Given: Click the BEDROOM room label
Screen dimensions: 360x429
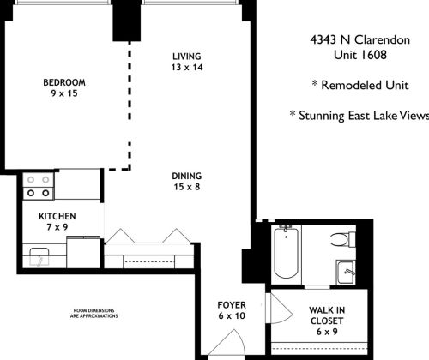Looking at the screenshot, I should [64, 82].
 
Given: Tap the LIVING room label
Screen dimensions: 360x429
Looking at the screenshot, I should [185, 54].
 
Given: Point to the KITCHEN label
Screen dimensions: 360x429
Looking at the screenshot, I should [57, 216].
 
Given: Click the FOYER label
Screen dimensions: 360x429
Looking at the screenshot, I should [232, 304].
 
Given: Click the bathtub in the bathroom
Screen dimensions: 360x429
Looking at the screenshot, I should [286, 253].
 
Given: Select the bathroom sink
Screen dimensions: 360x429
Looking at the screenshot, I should [346, 270].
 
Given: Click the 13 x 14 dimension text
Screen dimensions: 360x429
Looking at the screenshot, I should [185, 66].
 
